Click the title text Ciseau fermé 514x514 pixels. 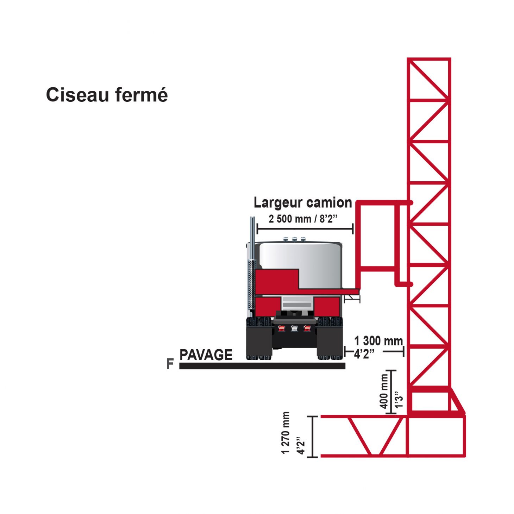107,95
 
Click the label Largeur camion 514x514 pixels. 303,203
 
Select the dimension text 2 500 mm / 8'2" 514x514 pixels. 303,219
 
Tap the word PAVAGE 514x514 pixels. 206,355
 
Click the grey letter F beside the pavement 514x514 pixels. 170,364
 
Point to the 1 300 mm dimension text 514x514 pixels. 378,341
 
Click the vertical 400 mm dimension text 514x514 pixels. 384,391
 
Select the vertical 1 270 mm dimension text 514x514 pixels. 286,433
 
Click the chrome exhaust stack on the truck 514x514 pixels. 252,264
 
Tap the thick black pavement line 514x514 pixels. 262,366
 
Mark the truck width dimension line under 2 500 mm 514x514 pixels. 305,229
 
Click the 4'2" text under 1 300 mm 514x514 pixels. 364,353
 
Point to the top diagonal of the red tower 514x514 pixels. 428,80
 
